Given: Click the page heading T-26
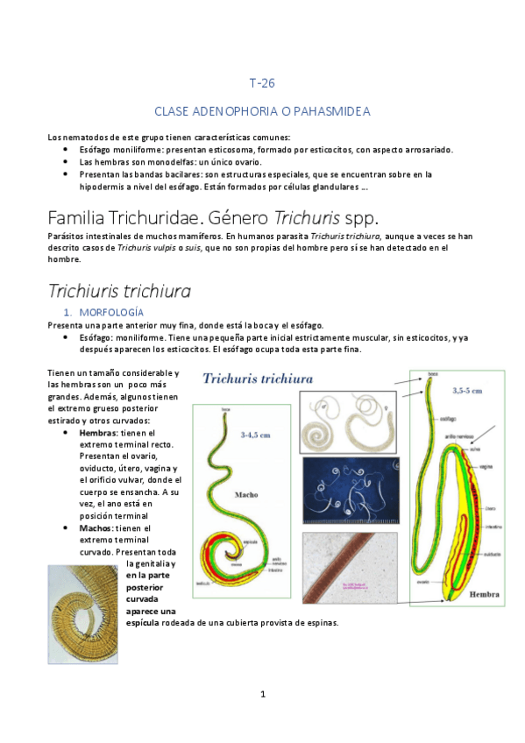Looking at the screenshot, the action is pos(262,84).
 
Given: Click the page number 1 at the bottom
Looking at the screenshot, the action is pos(262,694).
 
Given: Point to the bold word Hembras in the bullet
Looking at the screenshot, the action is pos(96,433).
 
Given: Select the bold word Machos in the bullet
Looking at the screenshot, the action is pos(95,528).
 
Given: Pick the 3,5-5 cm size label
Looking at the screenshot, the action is pos(466,391).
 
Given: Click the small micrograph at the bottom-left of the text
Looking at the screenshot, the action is pos(82,602).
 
